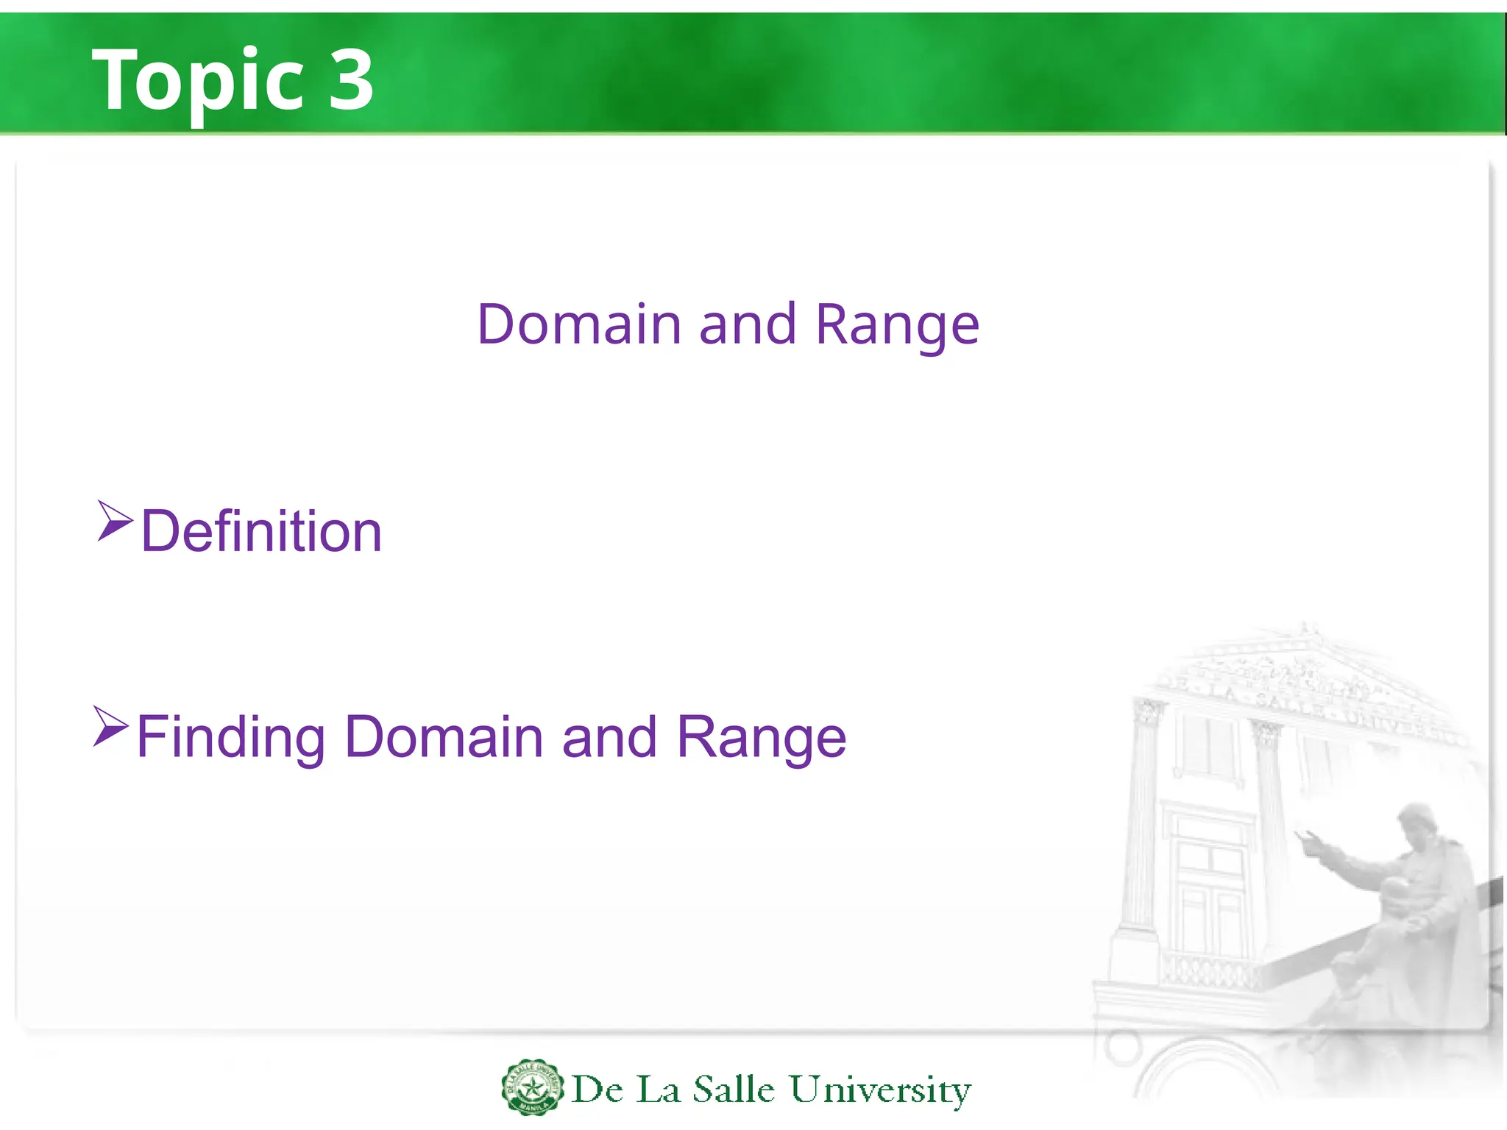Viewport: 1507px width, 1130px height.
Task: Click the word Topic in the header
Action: pos(197,79)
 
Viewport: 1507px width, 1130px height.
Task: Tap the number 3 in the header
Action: pos(351,79)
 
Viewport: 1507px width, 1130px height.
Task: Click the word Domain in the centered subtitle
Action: pos(579,324)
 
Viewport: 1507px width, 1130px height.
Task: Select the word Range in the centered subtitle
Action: pos(897,324)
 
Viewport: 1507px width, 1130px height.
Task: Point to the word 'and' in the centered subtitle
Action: pos(747,324)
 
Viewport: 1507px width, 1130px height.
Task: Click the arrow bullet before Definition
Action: pos(114,521)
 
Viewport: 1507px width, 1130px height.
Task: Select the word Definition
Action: pos(261,531)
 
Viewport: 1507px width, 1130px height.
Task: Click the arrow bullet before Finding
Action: pos(110,726)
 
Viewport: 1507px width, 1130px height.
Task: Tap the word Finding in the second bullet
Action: pos(230,737)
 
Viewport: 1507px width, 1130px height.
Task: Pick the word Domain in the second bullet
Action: pos(444,737)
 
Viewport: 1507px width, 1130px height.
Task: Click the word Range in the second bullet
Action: pos(761,737)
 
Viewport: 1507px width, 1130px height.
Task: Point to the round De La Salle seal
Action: pos(532,1087)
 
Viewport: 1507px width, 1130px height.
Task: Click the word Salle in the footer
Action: pos(734,1090)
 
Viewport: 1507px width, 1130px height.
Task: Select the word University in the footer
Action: pos(880,1090)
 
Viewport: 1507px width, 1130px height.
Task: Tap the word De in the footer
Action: pos(598,1090)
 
